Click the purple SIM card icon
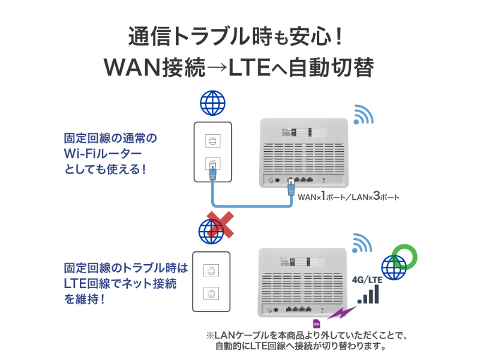tap(317, 323)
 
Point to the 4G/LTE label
tap(367, 280)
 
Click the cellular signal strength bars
tap(368, 295)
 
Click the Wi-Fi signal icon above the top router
tap(363, 115)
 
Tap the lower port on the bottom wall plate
tap(212, 295)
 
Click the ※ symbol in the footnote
tap(210, 335)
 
